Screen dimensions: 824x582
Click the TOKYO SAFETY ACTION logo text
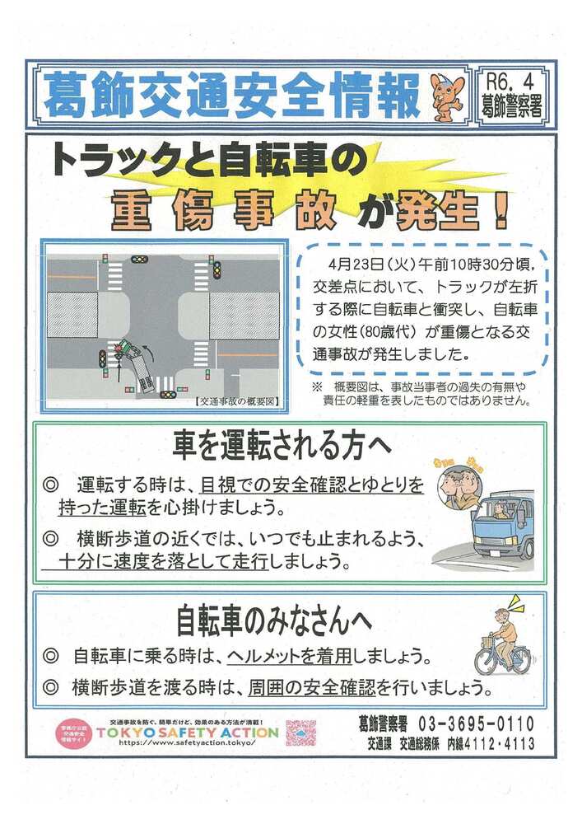pos(188,732)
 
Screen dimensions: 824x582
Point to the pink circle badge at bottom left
pos(73,732)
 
